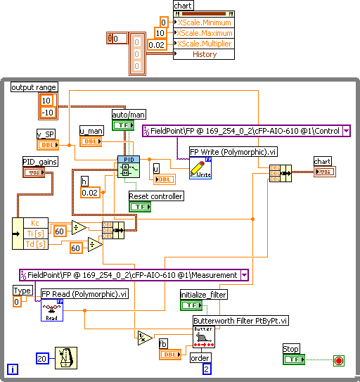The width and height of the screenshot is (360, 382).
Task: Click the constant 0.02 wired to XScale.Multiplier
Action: click(162, 44)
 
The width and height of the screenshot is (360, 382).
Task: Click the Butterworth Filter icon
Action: click(204, 337)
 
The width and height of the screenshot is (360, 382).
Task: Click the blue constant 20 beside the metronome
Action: click(42, 358)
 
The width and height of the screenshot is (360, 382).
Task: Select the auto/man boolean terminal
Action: click(123, 125)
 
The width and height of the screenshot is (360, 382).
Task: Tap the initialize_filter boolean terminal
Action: click(191, 305)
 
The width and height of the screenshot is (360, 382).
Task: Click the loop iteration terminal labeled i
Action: click(12, 369)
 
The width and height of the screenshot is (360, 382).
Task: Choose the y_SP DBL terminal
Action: click(47, 145)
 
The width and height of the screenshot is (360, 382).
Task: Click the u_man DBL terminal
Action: click(90, 141)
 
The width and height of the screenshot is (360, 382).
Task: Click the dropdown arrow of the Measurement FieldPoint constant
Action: click(244, 276)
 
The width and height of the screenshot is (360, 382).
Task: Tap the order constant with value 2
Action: click(207, 369)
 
